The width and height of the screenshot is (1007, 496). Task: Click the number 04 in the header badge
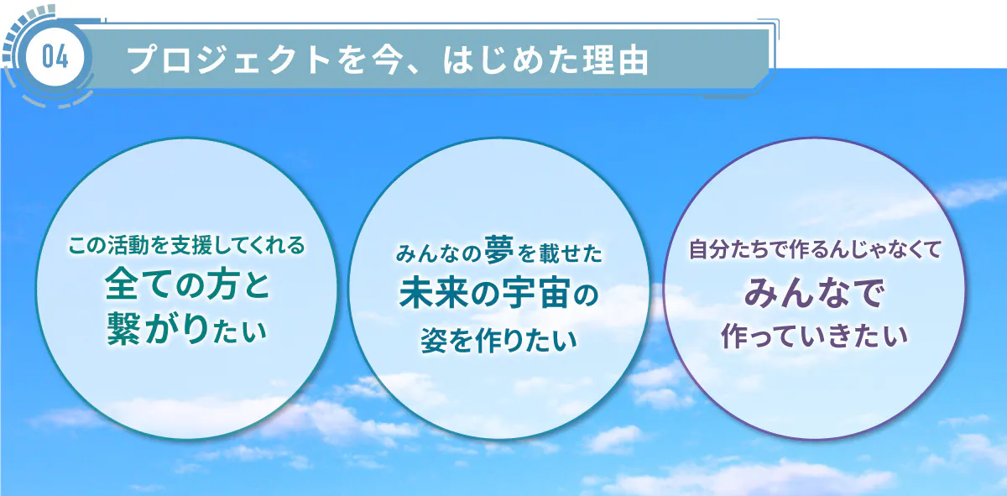[x=55, y=58]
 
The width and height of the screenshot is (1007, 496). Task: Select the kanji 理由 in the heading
[x=615, y=60]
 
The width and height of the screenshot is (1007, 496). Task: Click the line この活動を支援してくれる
[x=186, y=246]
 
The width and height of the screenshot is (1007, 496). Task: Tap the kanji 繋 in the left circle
[x=124, y=329]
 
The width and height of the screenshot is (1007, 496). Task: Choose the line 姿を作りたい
[x=498, y=340]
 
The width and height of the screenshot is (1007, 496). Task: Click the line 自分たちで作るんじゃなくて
[x=815, y=249]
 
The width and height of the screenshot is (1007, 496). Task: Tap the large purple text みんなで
[x=815, y=293]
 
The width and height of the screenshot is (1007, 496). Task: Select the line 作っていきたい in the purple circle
[x=814, y=336]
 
